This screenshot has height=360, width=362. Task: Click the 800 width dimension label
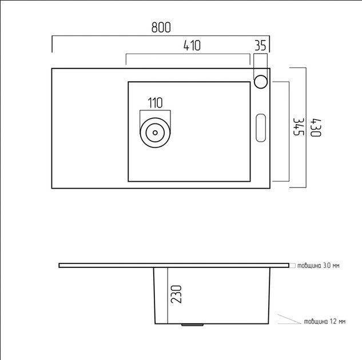point(161,27)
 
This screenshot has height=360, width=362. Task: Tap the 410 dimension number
point(192,46)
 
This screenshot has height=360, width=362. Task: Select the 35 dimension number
point(260,46)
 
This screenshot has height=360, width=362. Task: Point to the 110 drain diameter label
point(155,103)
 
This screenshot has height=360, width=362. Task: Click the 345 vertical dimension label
point(299,127)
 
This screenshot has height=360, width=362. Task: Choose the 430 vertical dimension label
point(316,128)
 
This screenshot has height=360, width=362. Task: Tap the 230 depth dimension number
point(176,294)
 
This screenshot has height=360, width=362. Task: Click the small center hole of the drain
point(155,133)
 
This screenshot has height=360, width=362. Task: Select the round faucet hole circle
point(261,82)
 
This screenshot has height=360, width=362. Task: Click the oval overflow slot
point(261,128)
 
